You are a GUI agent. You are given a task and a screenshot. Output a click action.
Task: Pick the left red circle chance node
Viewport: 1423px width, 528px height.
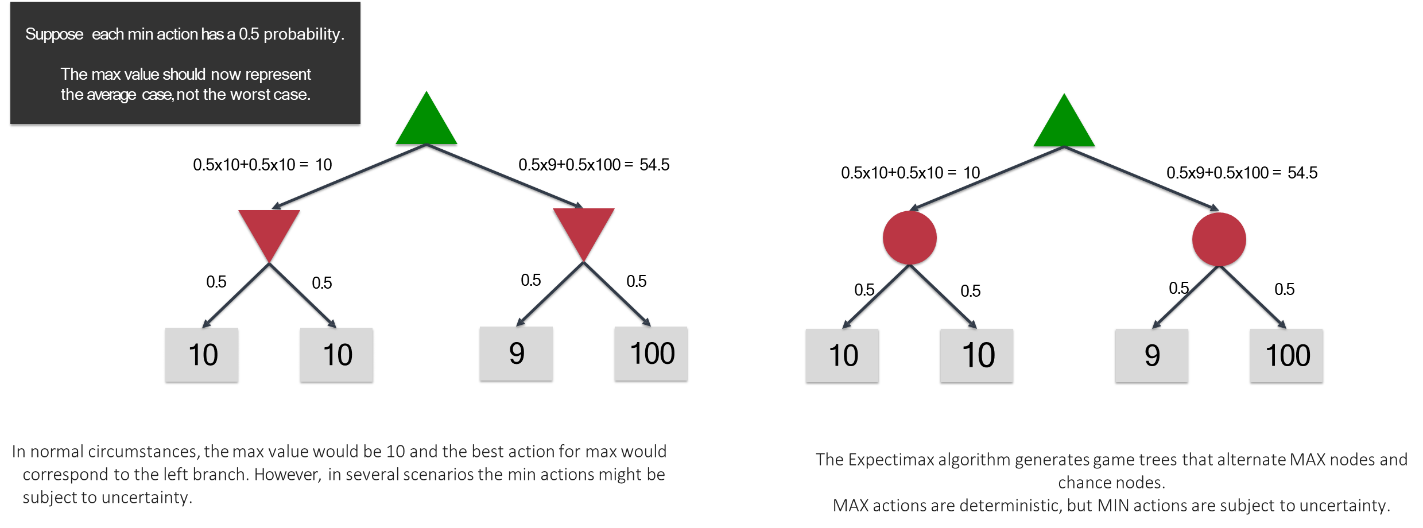[909, 238]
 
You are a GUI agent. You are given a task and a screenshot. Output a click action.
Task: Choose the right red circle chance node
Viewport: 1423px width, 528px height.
[1219, 239]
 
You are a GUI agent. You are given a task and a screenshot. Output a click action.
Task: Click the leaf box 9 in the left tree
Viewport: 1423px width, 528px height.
[516, 354]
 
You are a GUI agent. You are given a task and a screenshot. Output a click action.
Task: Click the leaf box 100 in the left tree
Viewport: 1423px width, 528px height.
[650, 354]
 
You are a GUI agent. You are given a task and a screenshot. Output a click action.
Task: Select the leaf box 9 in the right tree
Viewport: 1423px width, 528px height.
[1151, 355]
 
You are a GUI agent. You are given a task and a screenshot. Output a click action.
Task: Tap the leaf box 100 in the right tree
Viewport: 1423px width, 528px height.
[1286, 355]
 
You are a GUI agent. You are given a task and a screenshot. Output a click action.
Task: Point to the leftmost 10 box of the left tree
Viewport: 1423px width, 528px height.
[201, 355]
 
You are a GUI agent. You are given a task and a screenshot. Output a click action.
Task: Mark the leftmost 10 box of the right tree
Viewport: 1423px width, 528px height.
[842, 355]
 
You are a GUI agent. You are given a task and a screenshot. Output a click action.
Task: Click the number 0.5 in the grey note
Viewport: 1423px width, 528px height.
[249, 34]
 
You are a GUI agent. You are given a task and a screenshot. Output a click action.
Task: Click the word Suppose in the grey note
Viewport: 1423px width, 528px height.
[54, 34]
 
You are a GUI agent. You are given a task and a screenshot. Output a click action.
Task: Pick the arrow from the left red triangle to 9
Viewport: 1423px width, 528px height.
[550, 294]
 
